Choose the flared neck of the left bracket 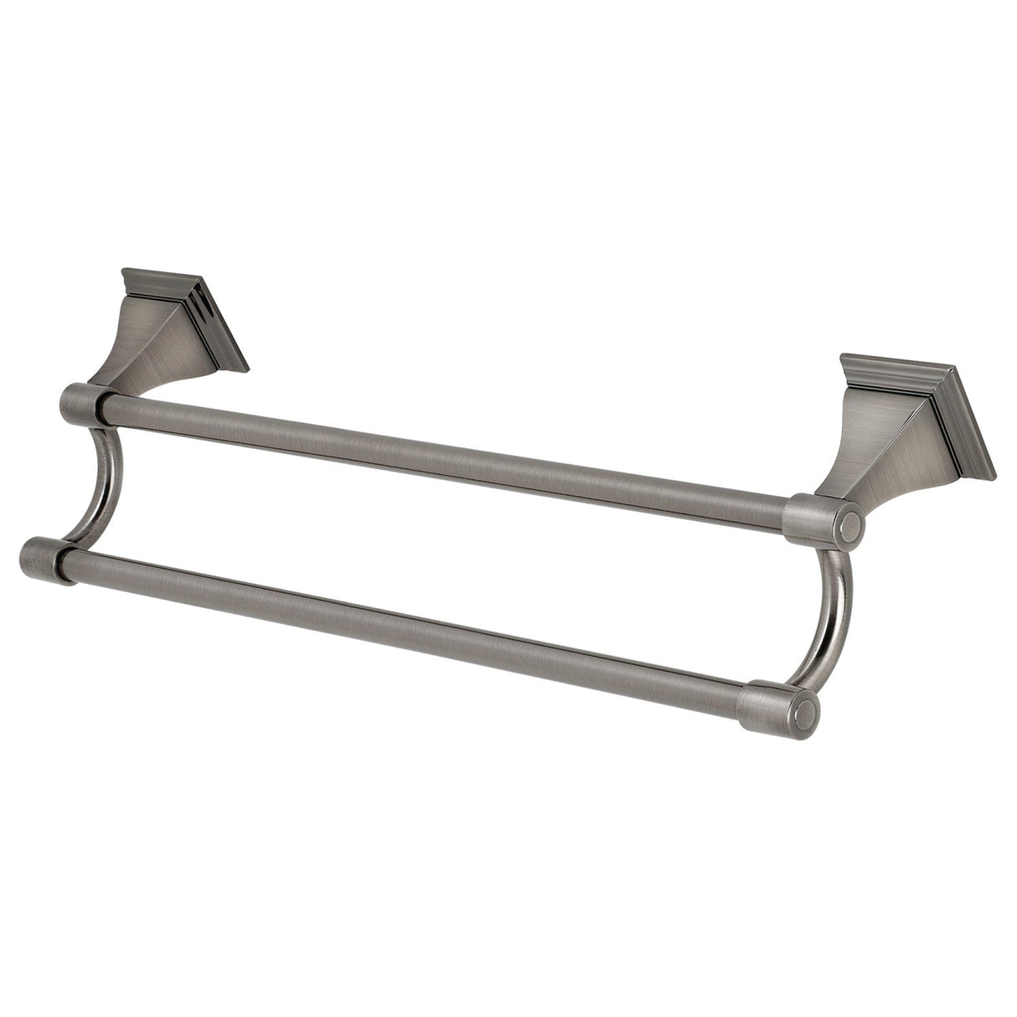134,360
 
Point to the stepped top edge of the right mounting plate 896,373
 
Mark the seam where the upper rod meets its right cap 785,513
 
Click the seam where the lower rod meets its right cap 742,698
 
